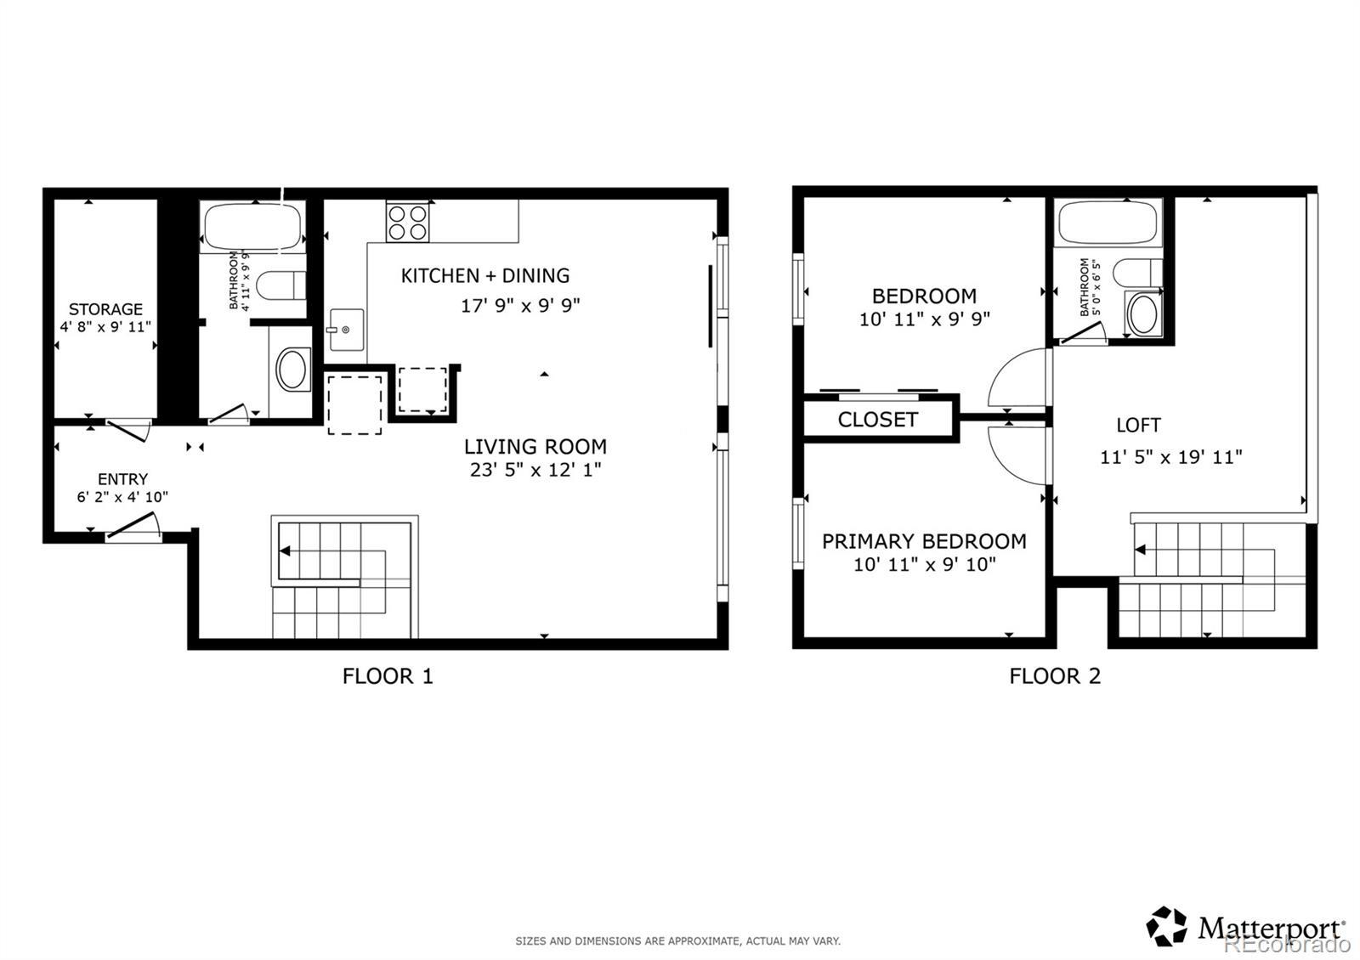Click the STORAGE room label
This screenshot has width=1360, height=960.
pos(105,309)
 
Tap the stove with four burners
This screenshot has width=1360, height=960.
pos(407,222)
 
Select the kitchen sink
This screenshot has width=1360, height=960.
pos(347,330)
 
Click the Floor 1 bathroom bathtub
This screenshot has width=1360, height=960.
pos(252,226)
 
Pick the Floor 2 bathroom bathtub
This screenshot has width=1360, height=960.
pos(1108,223)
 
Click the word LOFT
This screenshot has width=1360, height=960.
pos(1138,425)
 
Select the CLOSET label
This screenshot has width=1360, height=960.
pos(877,420)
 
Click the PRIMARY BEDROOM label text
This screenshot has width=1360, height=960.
pos(924,541)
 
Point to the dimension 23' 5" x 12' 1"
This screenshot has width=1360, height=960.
pos(535,470)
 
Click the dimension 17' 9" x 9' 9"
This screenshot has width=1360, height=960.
pos(520,305)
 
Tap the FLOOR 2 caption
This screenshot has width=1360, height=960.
pos(1055,676)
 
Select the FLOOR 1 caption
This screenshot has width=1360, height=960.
pos(388,676)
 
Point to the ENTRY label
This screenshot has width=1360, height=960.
pos(122,479)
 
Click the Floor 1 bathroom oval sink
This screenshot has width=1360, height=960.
pos(292,369)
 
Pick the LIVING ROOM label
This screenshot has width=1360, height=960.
pos(535,447)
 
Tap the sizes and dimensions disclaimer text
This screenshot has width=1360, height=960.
pos(678,941)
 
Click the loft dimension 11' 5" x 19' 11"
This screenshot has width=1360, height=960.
pos(1171,457)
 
